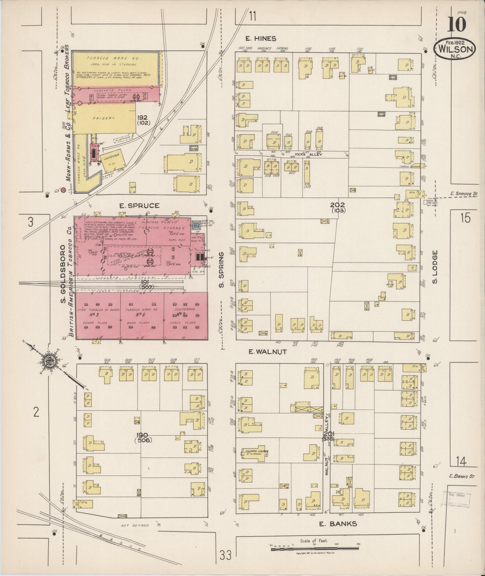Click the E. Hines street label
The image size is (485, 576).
coord(260,39)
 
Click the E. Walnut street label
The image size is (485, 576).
coord(268,352)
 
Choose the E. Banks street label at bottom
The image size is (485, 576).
coord(337,524)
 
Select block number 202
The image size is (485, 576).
coord(337,205)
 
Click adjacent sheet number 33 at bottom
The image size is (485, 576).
coord(226,556)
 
